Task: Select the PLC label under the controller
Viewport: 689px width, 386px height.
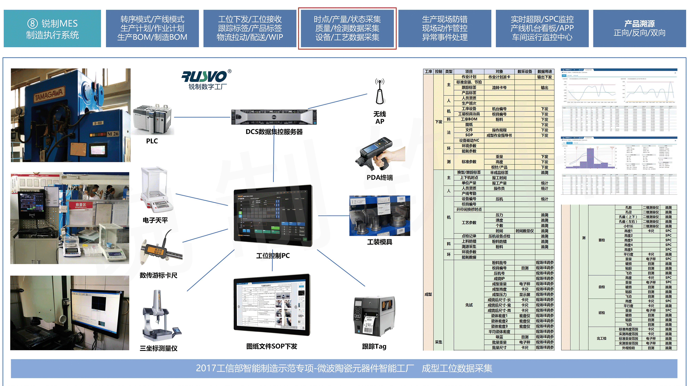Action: (152, 141)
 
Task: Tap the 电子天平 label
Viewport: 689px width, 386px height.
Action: (155, 220)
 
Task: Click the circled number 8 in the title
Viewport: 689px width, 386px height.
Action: (32, 23)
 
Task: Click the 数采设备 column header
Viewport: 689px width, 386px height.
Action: (525, 71)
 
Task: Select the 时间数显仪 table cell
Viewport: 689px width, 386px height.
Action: (525, 231)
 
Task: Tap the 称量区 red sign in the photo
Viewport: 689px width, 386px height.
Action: (81, 205)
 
